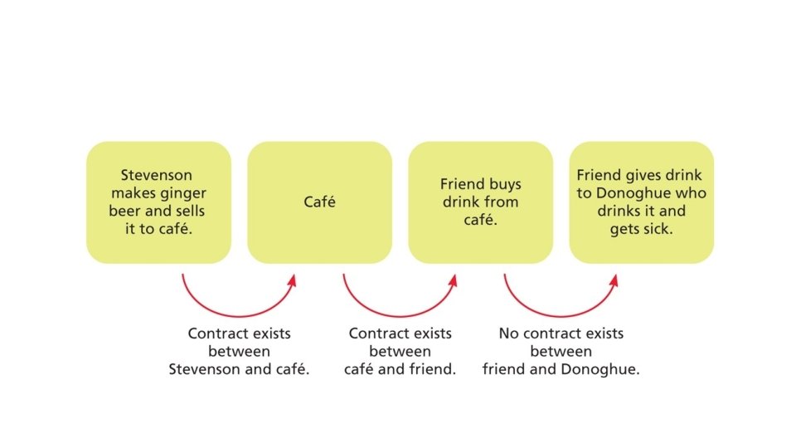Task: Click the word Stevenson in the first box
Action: coord(157,175)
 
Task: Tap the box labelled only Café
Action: coord(319,202)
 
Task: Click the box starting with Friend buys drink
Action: coord(480,202)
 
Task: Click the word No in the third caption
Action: coord(508,334)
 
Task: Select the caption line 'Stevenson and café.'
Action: coord(239,370)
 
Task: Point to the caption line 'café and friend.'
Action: coord(400,370)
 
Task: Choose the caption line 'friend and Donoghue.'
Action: coord(561,370)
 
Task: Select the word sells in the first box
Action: coord(187,211)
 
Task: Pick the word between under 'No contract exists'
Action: coord(561,352)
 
